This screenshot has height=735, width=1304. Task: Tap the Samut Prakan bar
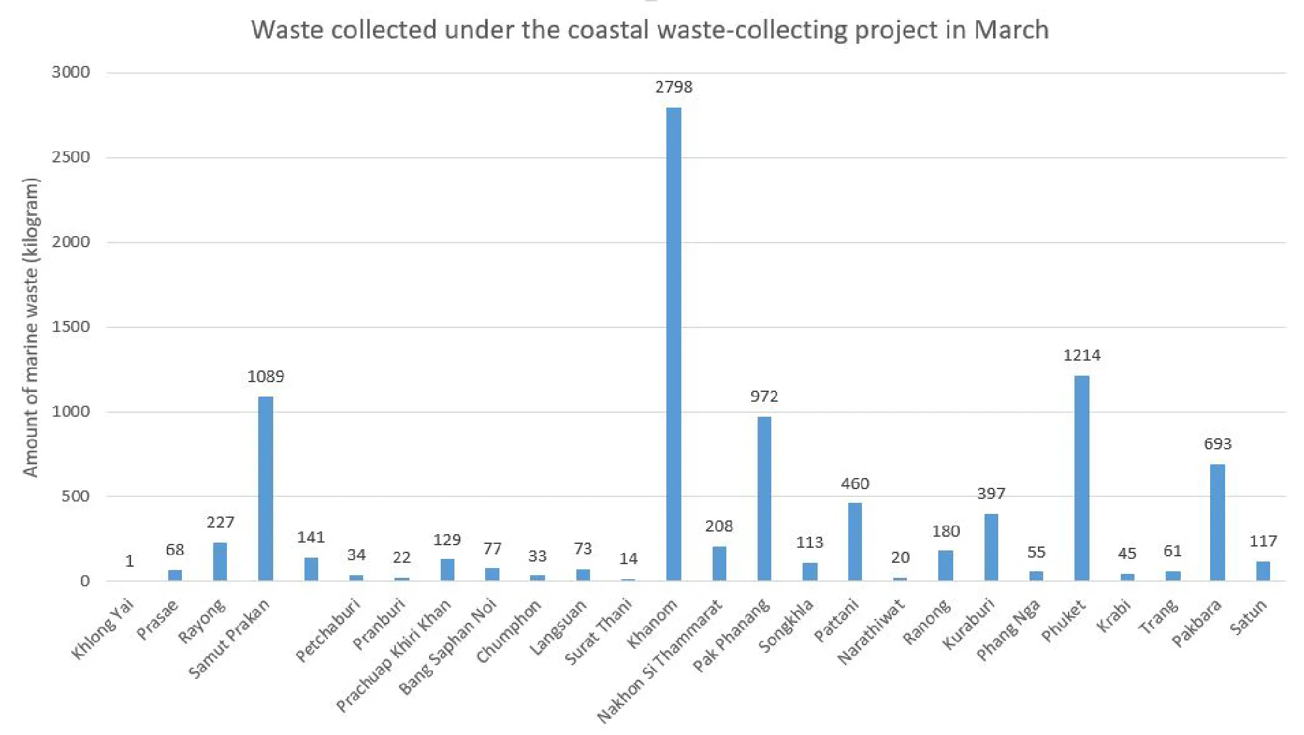click(265, 488)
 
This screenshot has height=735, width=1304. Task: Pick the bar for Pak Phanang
click(764, 498)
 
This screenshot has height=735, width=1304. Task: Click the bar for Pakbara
click(1217, 522)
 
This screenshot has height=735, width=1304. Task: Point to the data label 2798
click(674, 87)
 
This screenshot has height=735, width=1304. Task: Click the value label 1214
click(1082, 355)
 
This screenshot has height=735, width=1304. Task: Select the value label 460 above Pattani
click(855, 484)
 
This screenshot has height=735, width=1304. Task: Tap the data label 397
click(991, 494)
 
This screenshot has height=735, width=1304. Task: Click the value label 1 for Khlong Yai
click(130, 562)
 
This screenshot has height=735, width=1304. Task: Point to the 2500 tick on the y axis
click(70, 157)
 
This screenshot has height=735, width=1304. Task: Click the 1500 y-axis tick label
click(70, 327)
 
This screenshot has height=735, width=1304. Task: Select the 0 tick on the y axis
click(85, 581)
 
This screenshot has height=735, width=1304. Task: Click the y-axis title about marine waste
click(31, 327)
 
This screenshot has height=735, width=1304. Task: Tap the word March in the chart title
click(1011, 30)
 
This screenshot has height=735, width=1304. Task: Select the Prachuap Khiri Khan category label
click(393, 655)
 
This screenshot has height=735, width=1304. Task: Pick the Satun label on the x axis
click(1248, 617)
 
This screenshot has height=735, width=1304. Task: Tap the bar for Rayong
click(220, 562)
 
